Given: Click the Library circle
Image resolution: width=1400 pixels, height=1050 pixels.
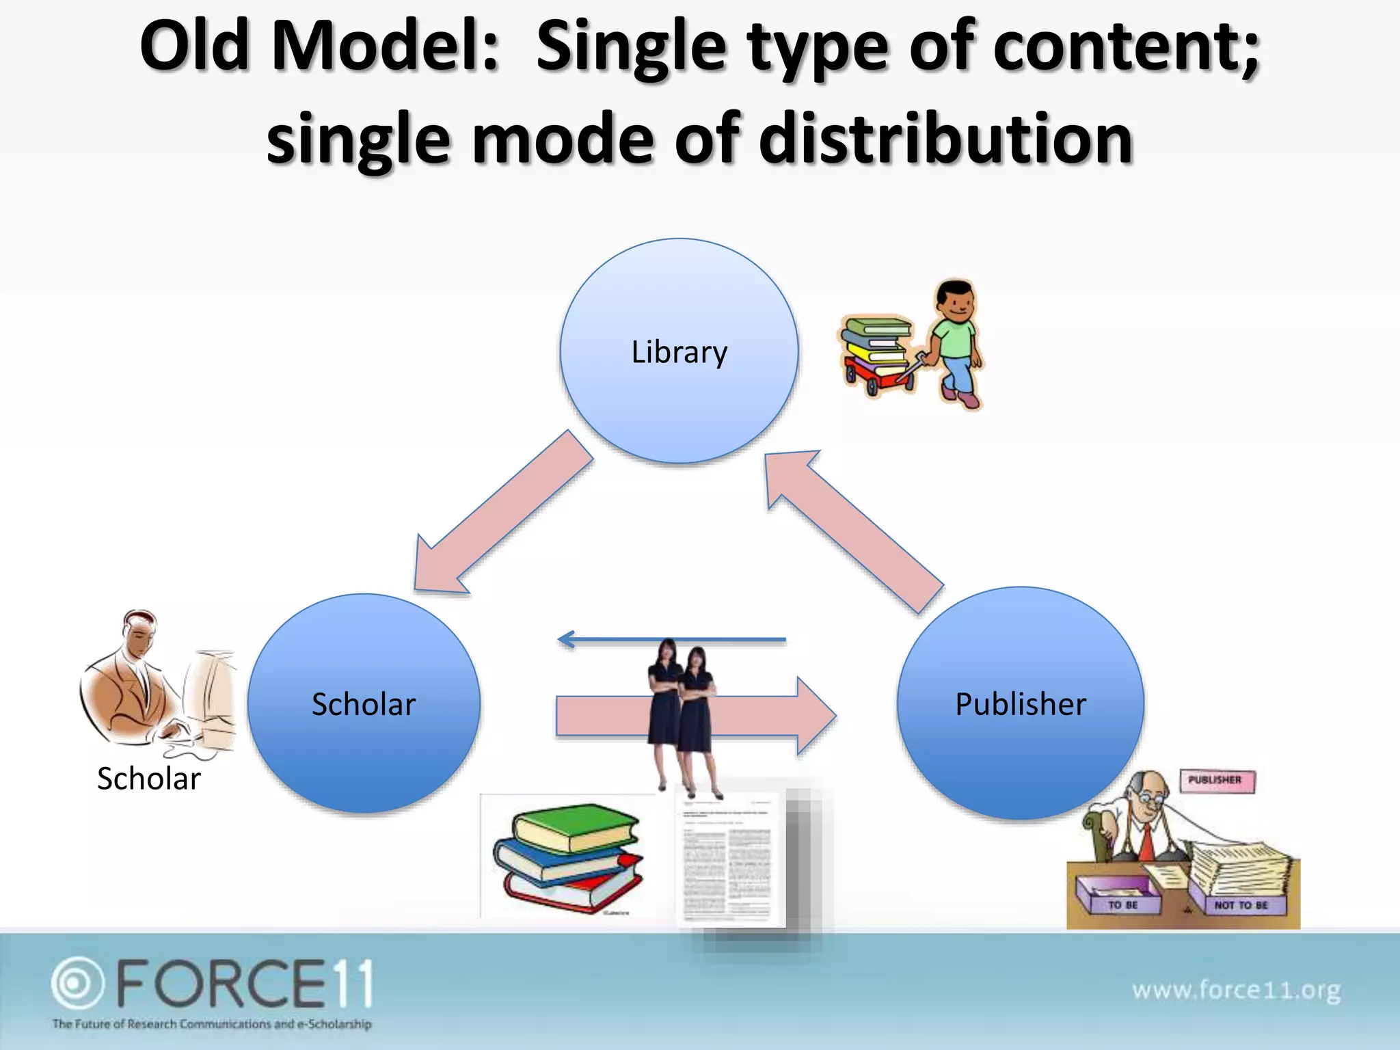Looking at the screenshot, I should pyautogui.click(x=679, y=351).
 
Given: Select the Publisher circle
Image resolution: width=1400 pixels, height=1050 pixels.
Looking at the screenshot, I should pyautogui.click(x=1020, y=703).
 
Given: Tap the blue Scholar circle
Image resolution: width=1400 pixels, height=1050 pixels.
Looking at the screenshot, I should pyautogui.click(x=364, y=703).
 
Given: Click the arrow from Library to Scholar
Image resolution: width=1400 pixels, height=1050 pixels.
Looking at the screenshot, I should pyautogui.click(x=502, y=513).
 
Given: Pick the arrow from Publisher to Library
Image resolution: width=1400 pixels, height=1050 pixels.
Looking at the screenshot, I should pyautogui.click(x=854, y=530).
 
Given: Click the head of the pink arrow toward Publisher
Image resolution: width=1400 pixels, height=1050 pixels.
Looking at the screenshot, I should pyautogui.click(x=816, y=716).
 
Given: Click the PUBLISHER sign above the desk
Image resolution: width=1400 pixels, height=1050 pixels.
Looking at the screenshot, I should pyautogui.click(x=1217, y=780).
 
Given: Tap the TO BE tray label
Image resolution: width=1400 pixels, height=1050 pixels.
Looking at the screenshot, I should pyautogui.click(x=1122, y=904).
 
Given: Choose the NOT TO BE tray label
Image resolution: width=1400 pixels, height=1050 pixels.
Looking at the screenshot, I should pyautogui.click(x=1241, y=905).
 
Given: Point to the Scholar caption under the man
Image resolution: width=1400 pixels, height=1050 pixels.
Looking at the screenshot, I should pyautogui.click(x=149, y=779).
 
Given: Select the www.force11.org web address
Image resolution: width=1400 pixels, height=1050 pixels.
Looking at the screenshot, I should pyautogui.click(x=1236, y=989).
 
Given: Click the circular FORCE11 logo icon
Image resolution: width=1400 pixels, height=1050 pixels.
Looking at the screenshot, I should pyautogui.click(x=77, y=983).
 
